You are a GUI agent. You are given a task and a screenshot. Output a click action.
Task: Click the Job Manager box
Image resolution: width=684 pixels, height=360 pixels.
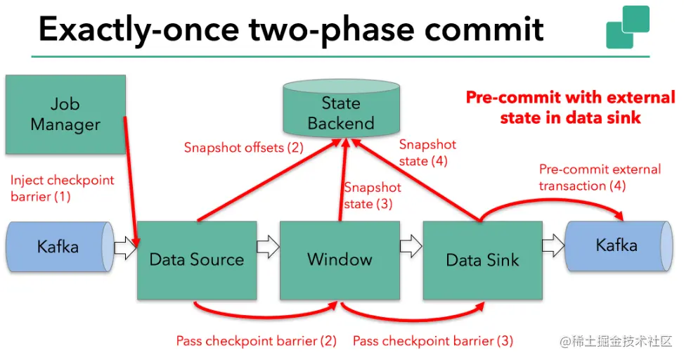pos(65,115)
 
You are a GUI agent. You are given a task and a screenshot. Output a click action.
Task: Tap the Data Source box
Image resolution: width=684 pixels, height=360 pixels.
pos(197,259)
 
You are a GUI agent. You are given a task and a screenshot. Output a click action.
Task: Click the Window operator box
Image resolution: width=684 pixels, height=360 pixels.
pos(340,259)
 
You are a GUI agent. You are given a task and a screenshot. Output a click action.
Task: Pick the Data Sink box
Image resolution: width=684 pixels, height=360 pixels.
pos(482,260)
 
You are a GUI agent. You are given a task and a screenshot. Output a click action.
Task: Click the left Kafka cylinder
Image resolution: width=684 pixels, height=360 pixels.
pos(58,247)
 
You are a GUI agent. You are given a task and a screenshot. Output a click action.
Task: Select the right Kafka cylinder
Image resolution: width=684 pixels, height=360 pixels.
pos(617,245)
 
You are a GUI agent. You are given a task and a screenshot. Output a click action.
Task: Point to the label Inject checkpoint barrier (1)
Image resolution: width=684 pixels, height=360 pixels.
pos(62,188)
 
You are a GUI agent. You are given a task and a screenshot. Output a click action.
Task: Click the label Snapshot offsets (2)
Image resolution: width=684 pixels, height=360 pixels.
pos(243,148)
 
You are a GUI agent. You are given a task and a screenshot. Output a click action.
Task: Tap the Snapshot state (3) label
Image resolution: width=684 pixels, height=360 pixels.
pos(373,196)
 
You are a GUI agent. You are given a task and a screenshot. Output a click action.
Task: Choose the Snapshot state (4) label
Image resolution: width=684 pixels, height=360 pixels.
pos(427,153)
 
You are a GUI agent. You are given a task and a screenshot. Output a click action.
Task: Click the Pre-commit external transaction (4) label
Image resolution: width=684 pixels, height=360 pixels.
pos(600,177)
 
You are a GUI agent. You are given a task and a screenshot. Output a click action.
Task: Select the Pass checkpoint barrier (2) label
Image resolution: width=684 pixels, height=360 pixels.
pos(257,341)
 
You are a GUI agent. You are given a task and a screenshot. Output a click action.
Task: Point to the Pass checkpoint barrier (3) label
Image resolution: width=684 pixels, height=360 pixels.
pos(433,341)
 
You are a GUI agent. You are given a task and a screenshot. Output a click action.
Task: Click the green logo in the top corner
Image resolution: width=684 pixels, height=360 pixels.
pos(627,27)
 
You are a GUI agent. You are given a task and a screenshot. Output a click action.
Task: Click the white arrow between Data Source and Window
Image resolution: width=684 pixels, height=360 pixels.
pos(268,246)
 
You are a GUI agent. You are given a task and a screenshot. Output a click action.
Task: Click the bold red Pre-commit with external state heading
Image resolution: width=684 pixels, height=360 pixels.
pos(570,107)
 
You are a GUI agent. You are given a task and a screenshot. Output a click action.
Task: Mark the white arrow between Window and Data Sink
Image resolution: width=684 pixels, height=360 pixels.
pos(411,246)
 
